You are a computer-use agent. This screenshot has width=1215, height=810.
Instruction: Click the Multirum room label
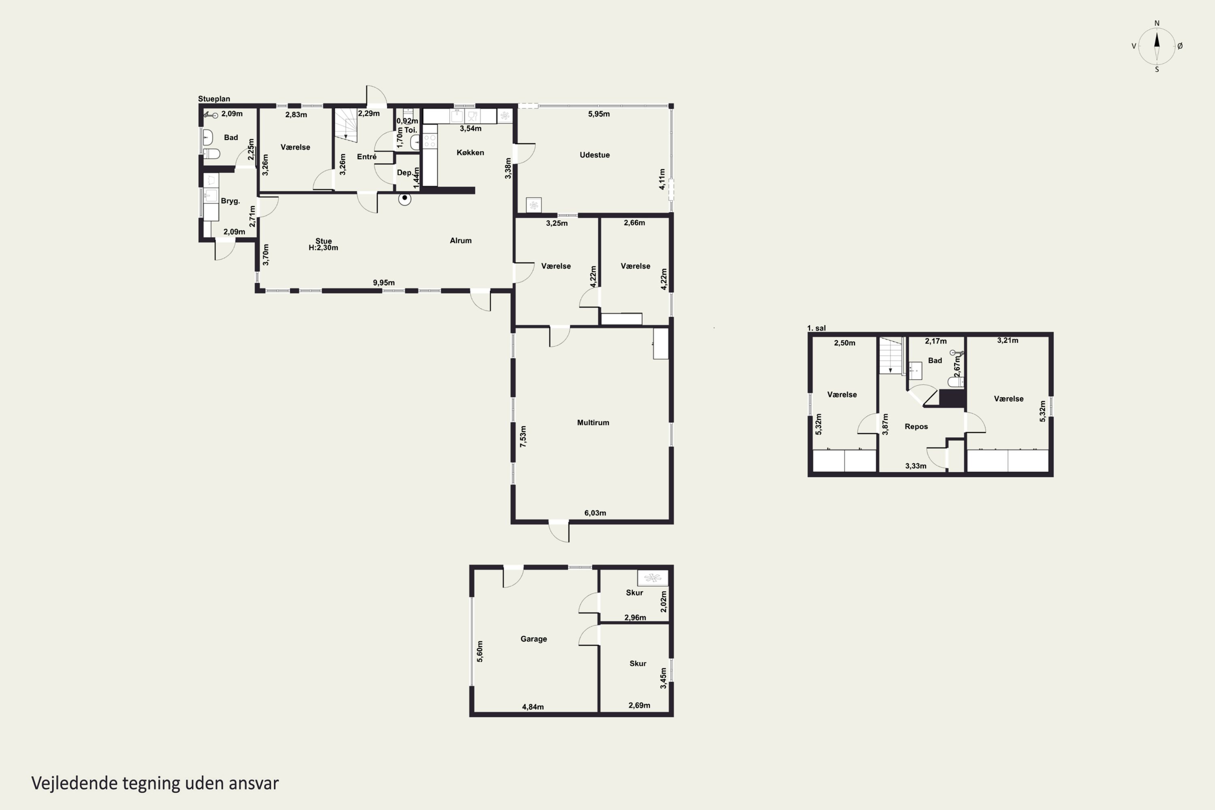point(593,422)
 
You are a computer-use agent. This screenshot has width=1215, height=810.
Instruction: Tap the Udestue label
point(595,155)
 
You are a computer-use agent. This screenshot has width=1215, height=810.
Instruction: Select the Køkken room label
point(470,152)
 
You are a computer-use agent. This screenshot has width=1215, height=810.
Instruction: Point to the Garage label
point(534,639)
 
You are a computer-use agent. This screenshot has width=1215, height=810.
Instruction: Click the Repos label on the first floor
point(916,427)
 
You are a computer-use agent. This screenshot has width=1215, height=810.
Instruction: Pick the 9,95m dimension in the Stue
point(384,283)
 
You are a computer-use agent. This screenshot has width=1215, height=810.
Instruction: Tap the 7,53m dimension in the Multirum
point(523,436)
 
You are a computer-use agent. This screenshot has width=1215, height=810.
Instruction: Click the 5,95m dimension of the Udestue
point(599,114)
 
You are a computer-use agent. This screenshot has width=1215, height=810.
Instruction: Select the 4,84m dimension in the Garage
point(533,707)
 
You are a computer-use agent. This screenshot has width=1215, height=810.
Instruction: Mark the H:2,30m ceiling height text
point(323,248)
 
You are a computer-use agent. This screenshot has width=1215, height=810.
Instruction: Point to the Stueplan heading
point(214,99)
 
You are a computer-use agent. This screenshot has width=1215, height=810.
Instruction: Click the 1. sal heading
point(816,328)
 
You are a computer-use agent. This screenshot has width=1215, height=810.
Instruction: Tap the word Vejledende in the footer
point(75,783)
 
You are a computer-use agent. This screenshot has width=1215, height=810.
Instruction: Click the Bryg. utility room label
point(230,201)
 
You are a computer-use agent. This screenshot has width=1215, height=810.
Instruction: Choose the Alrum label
point(460,241)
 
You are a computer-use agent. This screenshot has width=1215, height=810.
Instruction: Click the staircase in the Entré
point(345,125)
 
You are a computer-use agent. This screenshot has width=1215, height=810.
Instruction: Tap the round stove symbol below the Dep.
point(405,198)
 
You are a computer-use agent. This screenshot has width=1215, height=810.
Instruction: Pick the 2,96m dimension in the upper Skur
point(635,617)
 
